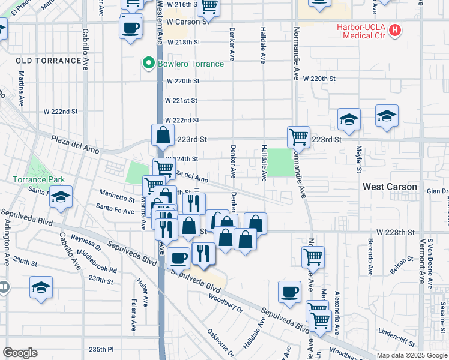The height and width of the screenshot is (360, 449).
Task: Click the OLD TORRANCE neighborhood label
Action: [49, 61]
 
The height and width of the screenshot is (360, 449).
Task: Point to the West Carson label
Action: [390, 187]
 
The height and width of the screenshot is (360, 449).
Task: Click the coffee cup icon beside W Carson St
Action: [130, 28]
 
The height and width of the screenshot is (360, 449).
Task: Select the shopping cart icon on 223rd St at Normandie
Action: [298, 137]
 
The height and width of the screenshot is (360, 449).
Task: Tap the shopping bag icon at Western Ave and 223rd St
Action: [163, 136]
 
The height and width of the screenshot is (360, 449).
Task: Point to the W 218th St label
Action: [184, 43]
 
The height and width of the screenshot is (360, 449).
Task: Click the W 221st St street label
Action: [181, 100]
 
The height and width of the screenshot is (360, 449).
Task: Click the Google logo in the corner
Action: [20, 353]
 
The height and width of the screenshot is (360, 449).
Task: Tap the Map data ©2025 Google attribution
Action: [411, 355]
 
